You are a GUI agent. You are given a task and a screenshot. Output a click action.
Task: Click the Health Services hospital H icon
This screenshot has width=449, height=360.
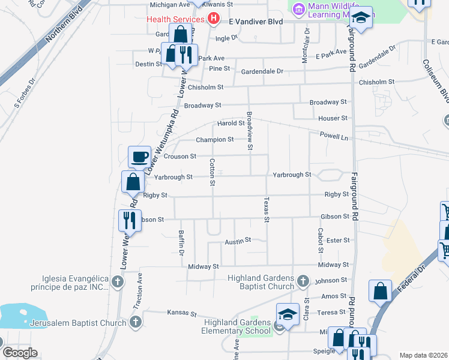pos(212,19)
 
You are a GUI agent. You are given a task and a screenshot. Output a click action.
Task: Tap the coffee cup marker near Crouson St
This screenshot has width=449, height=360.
pos(139,157)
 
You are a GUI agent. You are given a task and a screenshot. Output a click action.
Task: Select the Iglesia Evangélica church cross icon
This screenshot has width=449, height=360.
pos(118,281)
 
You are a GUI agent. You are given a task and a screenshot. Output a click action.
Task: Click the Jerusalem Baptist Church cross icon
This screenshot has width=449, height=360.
pos(136,323)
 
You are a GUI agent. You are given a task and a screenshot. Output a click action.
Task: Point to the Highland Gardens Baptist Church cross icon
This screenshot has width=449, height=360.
pos(303,281)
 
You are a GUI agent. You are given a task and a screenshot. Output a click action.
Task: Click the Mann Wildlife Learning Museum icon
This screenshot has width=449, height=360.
pos(297,9)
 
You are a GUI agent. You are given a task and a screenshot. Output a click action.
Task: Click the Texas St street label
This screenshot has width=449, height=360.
pos(267,209)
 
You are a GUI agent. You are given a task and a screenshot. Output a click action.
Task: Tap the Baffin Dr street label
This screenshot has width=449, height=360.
pos(181,243)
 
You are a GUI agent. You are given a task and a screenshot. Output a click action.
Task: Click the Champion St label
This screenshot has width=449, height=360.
pos(215,140)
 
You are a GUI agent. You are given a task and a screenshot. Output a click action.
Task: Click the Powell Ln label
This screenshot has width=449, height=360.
pos(334,136)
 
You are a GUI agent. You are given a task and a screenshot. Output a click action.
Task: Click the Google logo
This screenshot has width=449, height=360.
pos(19,352)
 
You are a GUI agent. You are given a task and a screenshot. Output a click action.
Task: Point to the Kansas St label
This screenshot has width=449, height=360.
pos(182,313)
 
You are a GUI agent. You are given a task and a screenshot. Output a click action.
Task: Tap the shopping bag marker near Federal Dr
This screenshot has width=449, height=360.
pos(381,291)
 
